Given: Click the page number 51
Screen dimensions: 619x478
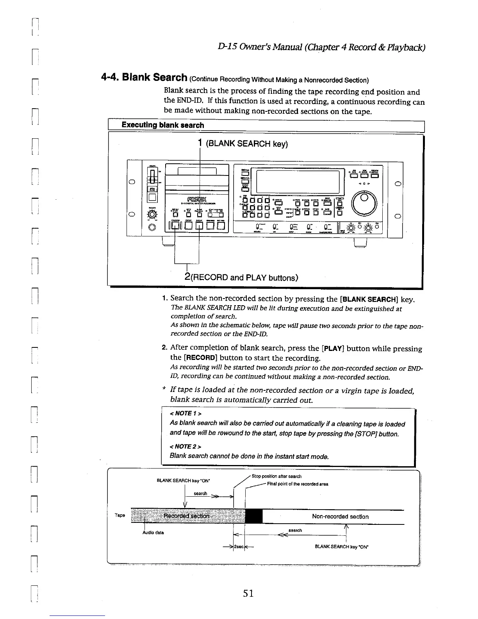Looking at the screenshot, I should (248, 593).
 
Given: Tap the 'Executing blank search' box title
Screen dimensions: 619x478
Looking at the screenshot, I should (162, 125).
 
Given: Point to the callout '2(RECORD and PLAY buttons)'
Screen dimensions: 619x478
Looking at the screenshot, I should (241, 277).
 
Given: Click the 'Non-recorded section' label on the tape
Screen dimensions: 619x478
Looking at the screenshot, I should (340, 517).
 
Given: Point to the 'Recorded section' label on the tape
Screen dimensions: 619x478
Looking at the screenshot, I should (187, 516).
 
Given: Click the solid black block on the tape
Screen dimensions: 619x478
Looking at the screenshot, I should (253, 516).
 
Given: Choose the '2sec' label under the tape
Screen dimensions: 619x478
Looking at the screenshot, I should (239, 547).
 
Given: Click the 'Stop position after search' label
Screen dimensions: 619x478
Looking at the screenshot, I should (276, 476).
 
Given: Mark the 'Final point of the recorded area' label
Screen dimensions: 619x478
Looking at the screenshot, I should (298, 484).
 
